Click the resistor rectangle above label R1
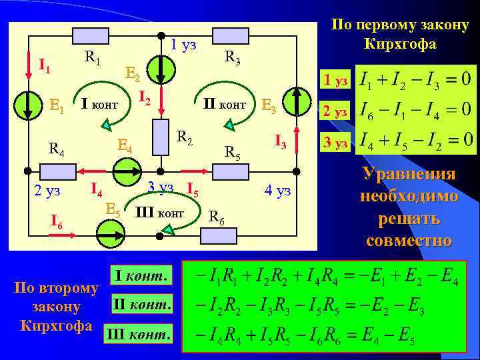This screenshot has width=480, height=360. [x=91, y=35]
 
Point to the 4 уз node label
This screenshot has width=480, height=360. [x=277, y=191]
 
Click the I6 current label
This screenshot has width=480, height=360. [x=57, y=221]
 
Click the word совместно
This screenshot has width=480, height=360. [x=409, y=240]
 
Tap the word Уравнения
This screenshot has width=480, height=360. [x=409, y=174]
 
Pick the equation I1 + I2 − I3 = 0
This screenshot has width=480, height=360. [x=414, y=80]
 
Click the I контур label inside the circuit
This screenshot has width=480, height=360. [x=99, y=104]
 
